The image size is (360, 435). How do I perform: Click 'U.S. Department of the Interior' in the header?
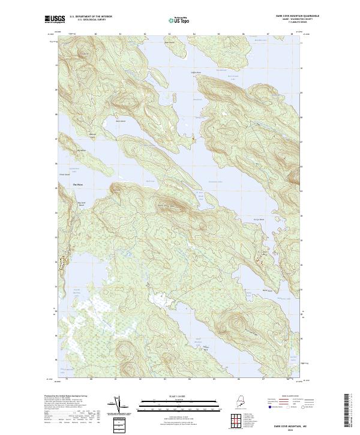pyautogui.click(x=91, y=16)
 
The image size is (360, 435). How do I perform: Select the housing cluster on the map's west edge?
pyautogui.click(x=61, y=262)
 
